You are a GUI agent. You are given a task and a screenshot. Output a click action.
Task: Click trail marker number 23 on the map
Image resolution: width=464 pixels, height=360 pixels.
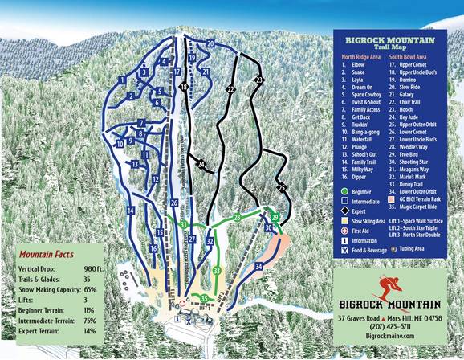pyautogui.click(x=258, y=80)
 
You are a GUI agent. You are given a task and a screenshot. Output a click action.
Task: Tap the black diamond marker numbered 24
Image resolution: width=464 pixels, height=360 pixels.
pyautogui.click(x=201, y=165)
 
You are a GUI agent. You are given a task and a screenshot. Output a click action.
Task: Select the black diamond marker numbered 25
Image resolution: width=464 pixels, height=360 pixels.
pyautogui.click(x=282, y=187)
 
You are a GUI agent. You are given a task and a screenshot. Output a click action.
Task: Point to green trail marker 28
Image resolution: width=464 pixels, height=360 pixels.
pyautogui.click(x=237, y=217)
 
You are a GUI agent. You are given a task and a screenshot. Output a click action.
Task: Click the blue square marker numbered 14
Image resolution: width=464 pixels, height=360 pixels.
pyautogui.click(x=129, y=210)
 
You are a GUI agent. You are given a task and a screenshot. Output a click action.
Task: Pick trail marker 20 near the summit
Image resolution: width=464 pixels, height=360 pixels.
pyautogui.click(x=210, y=43)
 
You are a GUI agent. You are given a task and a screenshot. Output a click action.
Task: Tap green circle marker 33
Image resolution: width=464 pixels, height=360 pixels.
pyautogui.click(x=217, y=271)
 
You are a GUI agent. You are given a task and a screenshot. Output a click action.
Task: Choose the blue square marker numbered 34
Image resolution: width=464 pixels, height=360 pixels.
pyautogui.click(x=258, y=264)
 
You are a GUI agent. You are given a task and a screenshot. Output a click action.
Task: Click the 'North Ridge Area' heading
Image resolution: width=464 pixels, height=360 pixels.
pyautogui.click(x=361, y=56)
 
